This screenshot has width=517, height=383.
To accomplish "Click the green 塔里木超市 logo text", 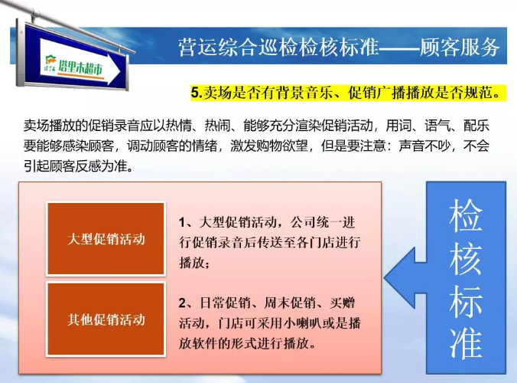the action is [x=80, y=67].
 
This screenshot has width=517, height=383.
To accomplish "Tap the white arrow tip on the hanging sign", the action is [x=120, y=71].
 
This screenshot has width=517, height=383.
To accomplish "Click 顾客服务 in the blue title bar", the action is [x=460, y=47].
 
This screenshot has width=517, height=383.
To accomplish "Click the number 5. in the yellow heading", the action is [x=197, y=93].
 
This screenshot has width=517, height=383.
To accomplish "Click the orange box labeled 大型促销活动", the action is [x=106, y=239].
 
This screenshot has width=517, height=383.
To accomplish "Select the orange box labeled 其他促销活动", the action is [x=106, y=319].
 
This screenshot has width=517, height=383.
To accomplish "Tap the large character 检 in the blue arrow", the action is [x=466, y=215].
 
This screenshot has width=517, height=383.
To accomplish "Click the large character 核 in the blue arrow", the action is [x=466, y=258].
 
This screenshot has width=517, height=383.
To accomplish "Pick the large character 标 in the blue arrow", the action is [x=466, y=301].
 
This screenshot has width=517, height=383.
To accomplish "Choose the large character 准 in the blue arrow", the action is [x=466, y=343].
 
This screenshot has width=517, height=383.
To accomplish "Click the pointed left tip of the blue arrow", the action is [x=385, y=278].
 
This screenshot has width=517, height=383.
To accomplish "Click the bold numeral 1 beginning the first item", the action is [x=182, y=223].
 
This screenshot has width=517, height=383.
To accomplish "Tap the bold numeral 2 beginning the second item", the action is [x=182, y=303].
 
